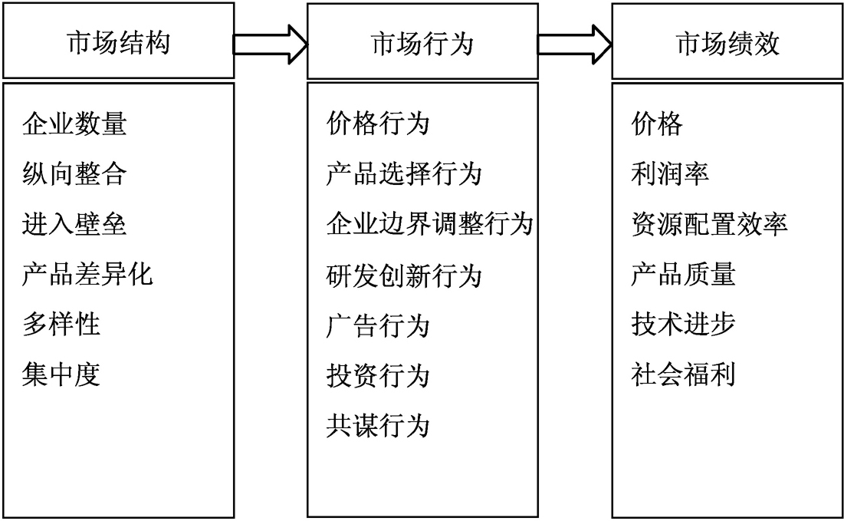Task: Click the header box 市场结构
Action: pyautogui.click(x=118, y=41)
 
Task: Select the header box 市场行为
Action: pyautogui.click(x=422, y=41)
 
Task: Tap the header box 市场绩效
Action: pyautogui.click(x=727, y=41)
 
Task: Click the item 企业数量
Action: pyautogui.click(x=74, y=124)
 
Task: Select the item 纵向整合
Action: pyautogui.click(x=74, y=174)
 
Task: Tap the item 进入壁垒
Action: pyautogui.click(x=74, y=224)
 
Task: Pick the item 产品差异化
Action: pyautogui.click(x=87, y=274)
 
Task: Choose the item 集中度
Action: pyautogui.click(x=61, y=374)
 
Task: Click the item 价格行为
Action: pyautogui.click(x=378, y=124)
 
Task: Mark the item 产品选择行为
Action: pyautogui.click(x=404, y=174)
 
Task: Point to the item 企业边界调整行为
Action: pyautogui.click(x=429, y=224)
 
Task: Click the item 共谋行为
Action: pyautogui.click(x=378, y=426)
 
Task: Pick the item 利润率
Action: pyautogui.click(x=669, y=174)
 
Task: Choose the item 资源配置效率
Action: pyautogui.click(x=709, y=224)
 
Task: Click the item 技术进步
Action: pyautogui.click(x=683, y=325)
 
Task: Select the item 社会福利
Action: pyautogui.click(x=683, y=374)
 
